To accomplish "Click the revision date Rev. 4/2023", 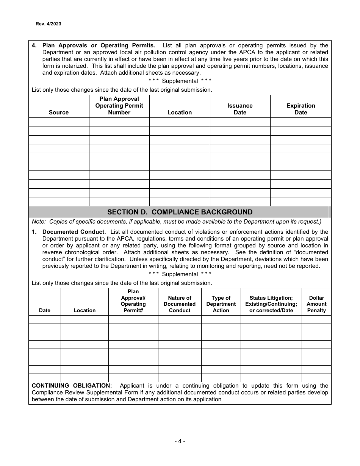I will (x=49, y=24).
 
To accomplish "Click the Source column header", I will (x=59, y=113).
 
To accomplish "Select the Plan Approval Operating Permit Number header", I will (x=119, y=106).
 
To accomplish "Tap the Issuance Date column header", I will (x=240, y=109).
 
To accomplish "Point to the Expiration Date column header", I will (x=301, y=109).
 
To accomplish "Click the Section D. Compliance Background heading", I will (x=180, y=212).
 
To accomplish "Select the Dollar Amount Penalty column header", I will (x=316, y=304).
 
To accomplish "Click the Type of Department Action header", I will (x=221, y=304).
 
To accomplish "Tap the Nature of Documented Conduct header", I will (x=179, y=304).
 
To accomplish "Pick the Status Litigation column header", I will (x=271, y=304).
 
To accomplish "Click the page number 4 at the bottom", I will (x=180, y=441).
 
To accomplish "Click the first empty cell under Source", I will (x=59, y=122).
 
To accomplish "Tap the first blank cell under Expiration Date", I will (x=301, y=122).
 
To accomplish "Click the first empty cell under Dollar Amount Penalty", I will (x=316, y=319).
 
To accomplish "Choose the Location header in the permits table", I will (x=179, y=113).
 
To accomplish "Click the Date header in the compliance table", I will (x=44, y=311).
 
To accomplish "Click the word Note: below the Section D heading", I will (x=39, y=222).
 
